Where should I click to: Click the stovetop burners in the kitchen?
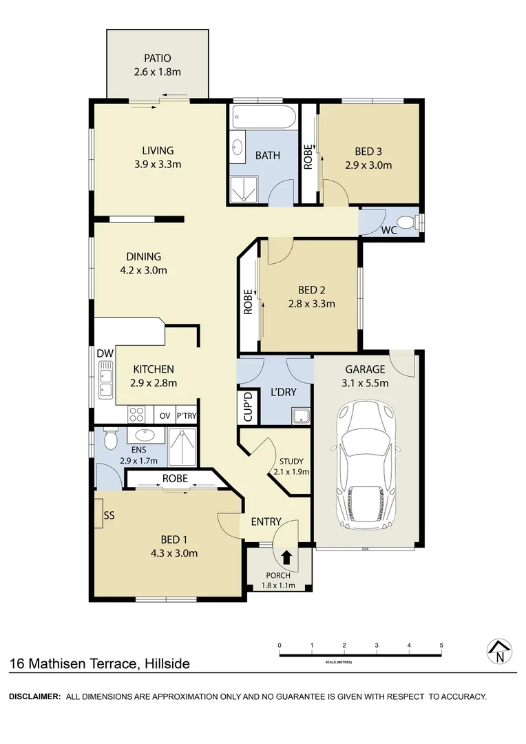[136, 415]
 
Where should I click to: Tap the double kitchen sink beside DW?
[105, 383]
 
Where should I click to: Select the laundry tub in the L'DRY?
[300, 415]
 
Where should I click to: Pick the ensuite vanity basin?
[145, 435]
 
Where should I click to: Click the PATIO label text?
[158, 59]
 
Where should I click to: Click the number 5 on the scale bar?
[441, 645]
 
